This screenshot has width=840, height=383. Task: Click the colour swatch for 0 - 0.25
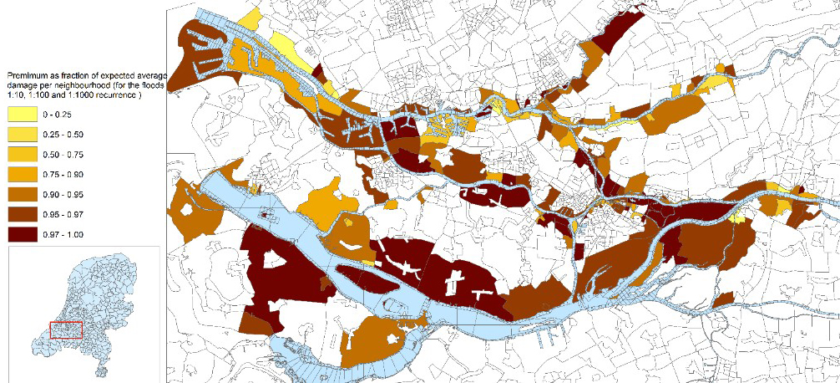[24, 115]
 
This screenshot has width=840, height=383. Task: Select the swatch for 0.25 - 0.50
[24, 135]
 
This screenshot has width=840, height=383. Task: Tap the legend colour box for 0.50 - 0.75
[24, 155]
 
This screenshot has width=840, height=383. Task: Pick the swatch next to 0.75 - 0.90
[24, 174]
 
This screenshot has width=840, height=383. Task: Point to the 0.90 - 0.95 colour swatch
[24, 194]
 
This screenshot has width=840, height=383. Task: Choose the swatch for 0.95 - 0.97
[24, 214]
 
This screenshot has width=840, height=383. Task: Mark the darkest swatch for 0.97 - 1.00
[24, 233]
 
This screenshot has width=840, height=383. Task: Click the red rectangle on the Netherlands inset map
[66, 329]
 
